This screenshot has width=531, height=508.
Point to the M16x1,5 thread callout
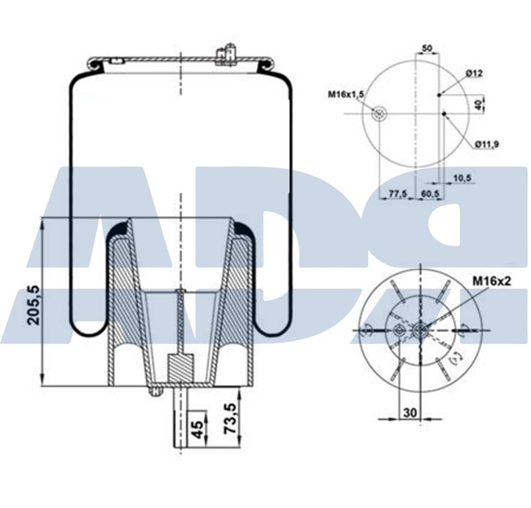coord(347,95)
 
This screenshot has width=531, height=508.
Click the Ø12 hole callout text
coord(475,73)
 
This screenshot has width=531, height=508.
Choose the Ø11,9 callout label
coord(486,144)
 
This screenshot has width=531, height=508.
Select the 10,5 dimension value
coord(462,177)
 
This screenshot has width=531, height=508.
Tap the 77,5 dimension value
coord(397,193)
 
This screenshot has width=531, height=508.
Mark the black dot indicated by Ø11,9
coord(444,114)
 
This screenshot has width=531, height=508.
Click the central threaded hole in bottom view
coord(418,329)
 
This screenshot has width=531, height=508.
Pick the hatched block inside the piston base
coord(179,364)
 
